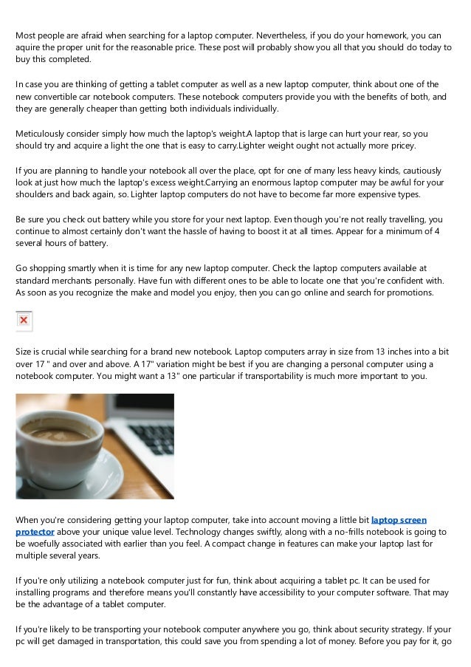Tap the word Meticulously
[x=43, y=133]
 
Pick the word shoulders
[x=38, y=195]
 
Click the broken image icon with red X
[x=24, y=321]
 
